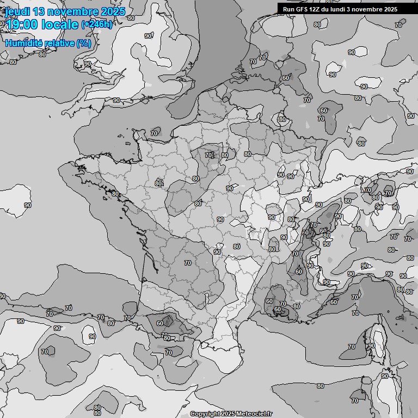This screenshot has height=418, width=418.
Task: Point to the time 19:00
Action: pyautogui.click(x=23, y=24)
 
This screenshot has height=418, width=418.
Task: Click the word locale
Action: pyautogui.click(x=63, y=24)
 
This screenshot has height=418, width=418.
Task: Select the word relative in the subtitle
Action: pyautogui.click(x=58, y=43)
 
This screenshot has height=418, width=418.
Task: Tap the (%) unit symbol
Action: pyautogui.click(x=83, y=43)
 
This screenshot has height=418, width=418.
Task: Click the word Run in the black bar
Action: pyautogui.click(x=288, y=9)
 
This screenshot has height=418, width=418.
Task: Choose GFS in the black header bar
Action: pyautogui.click(x=301, y=9)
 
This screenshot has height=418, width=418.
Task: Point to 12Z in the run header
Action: pyautogui.click(x=314, y=9)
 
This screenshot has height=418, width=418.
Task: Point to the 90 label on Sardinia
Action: pyautogui.click(x=385, y=376)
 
